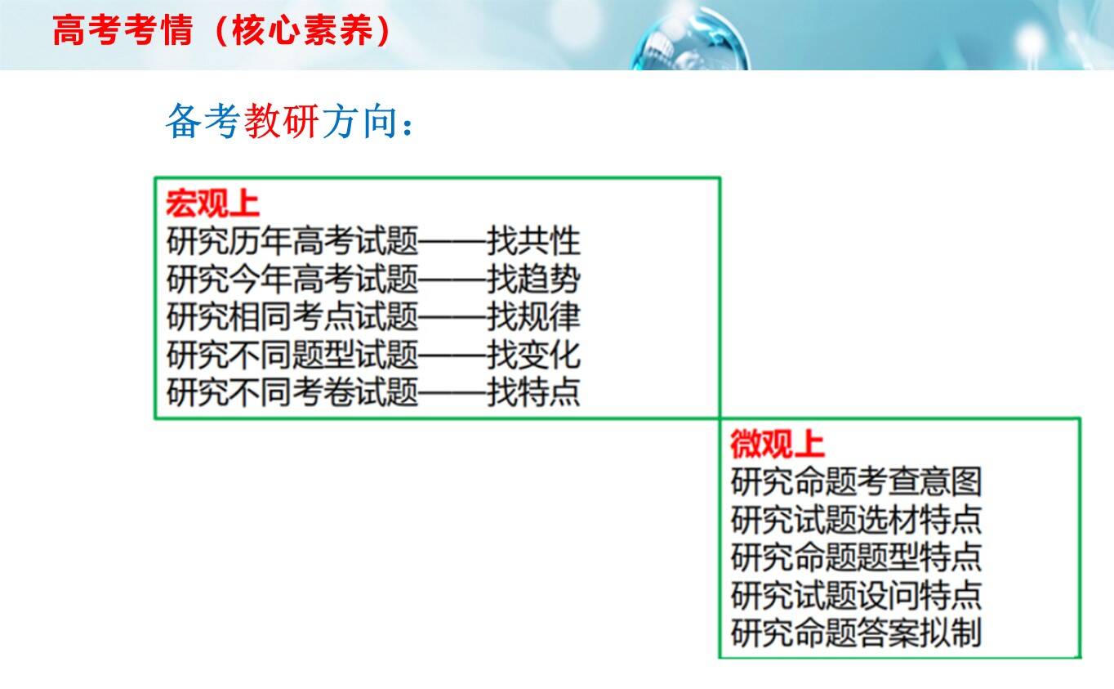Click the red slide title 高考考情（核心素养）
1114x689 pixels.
pyautogui.click(x=221, y=31)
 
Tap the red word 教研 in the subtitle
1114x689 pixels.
pyautogui.click(x=282, y=121)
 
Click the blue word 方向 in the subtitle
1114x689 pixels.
pyautogui.click(x=360, y=121)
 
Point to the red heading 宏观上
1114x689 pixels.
pyautogui.click(x=213, y=204)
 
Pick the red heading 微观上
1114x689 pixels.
pyautogui.click(x=778, y=444)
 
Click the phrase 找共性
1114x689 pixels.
pyautogui.click(x=533, y=241)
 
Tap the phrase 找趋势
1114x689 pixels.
pyautogui.click(x=533, y=279)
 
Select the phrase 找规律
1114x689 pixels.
pyautogui.click(x=533, y=316)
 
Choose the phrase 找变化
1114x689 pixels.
pyautogui.click(x=533, y=355)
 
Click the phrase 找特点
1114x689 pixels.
pyautogui.click(x=533, y=392)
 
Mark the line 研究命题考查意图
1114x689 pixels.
pyautogui.click(x=857, y=481)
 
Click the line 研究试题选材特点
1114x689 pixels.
pyautogui.click(x=857, y=519)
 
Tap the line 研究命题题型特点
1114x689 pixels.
pyautogui.click(x=857, y=557)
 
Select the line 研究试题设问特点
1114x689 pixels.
pyautogui.click(x=857, y=595)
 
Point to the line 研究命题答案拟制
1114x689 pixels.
pyautogui.click(x=857, y=633)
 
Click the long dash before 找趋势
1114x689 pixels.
pyautogui.click(x=452, y=280)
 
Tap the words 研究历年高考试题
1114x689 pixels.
pyautogui.click(x=292, y=241)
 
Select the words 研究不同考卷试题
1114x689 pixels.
pyautogui.click(x=292, y=392)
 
